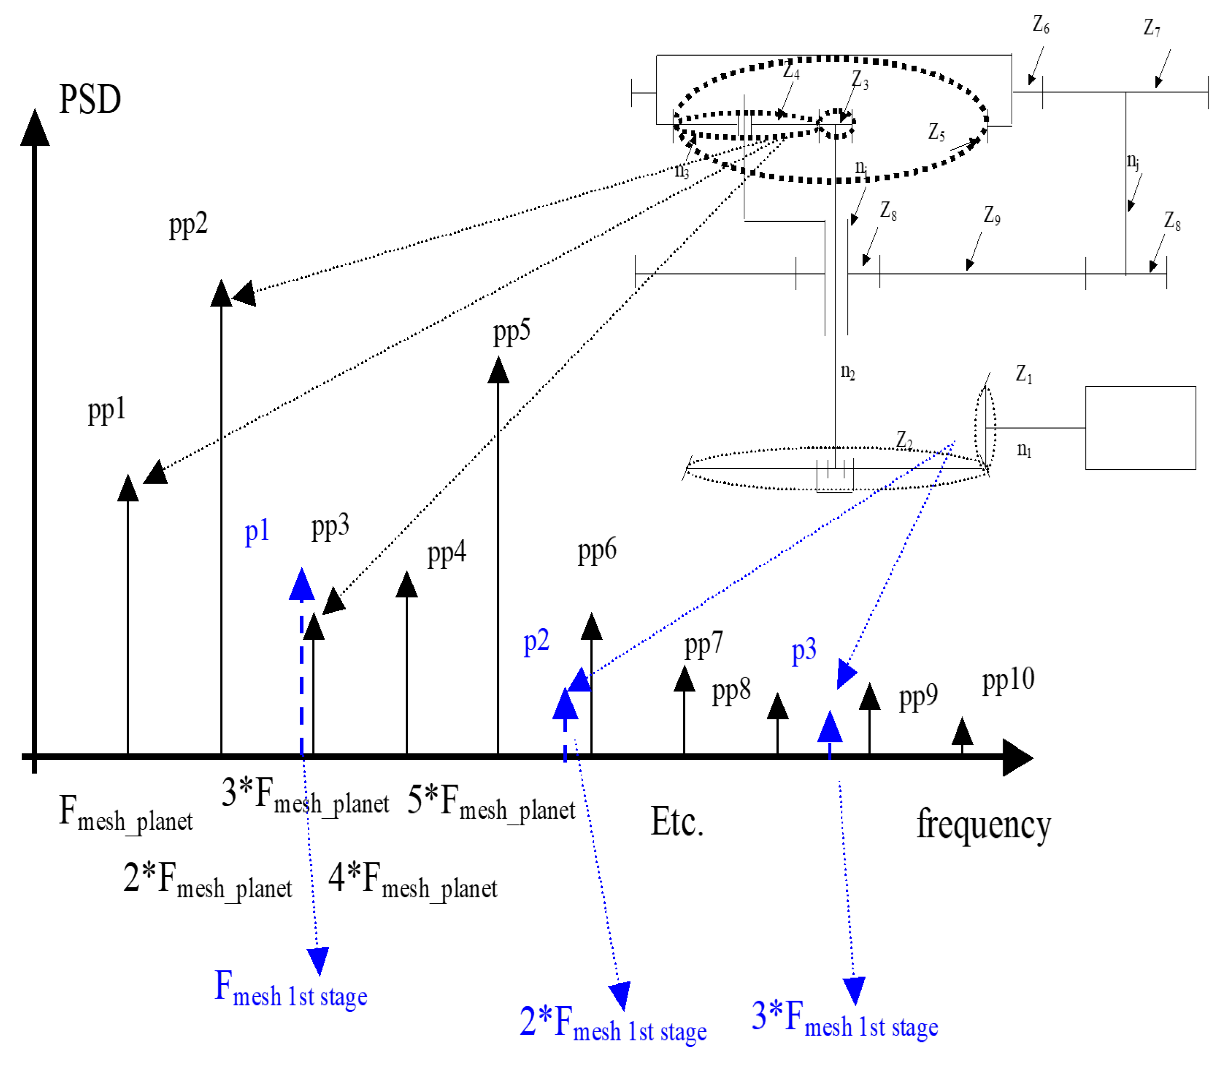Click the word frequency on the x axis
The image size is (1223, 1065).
983,825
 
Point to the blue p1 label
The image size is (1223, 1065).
257,531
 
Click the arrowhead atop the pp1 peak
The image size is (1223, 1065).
128,489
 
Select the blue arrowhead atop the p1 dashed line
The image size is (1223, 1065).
302,584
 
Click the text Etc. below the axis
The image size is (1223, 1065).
677,822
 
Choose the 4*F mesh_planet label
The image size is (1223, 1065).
412,879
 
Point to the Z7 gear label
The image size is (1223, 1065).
1151,27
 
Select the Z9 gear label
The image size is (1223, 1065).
991,215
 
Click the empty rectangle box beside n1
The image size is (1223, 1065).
1140,428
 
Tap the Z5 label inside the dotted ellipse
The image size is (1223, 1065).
936,132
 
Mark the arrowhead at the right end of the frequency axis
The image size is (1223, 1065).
1017,757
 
